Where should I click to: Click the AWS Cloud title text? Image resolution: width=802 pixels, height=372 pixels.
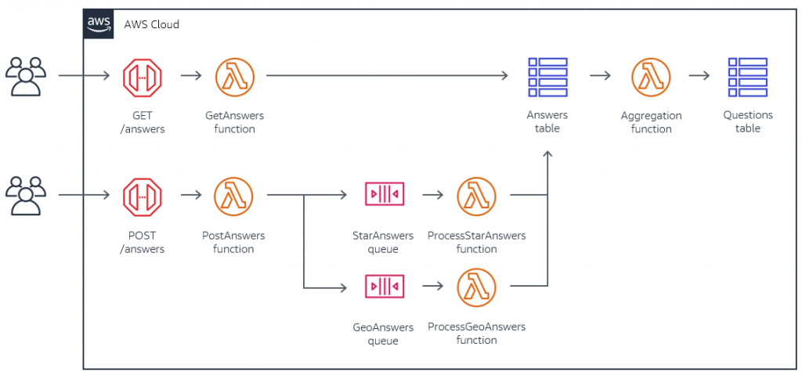[151, 24]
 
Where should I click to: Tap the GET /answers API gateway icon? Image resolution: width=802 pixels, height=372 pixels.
[142, 77]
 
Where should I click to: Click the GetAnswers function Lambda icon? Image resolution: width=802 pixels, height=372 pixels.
[234, 77]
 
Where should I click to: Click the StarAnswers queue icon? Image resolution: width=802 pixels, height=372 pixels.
[384, 194]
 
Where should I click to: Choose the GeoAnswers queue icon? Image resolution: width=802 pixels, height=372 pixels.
[384, 287]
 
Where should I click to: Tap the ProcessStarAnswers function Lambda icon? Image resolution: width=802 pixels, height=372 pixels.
[476, 195]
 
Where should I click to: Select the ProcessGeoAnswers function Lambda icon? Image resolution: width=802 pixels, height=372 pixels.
[476, 287]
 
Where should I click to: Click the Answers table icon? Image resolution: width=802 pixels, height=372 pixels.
[547, 77]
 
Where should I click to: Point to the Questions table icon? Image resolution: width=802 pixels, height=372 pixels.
[747, 77]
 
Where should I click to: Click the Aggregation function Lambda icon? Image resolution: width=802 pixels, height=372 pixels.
[651, 77]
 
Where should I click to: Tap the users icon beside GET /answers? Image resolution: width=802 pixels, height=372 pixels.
[25, 77]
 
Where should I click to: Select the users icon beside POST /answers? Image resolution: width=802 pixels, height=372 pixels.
[25, 195]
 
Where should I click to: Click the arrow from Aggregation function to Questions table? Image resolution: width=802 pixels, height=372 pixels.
[699, 76]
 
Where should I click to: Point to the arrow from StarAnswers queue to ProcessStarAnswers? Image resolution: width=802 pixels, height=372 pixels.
[433, 194]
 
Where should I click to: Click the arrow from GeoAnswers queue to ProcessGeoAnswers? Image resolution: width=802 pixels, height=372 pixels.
[433, 287]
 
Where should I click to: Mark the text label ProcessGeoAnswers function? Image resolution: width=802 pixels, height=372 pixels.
[476, 333]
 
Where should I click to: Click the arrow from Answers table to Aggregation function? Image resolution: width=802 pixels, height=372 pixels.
[600, 76]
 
